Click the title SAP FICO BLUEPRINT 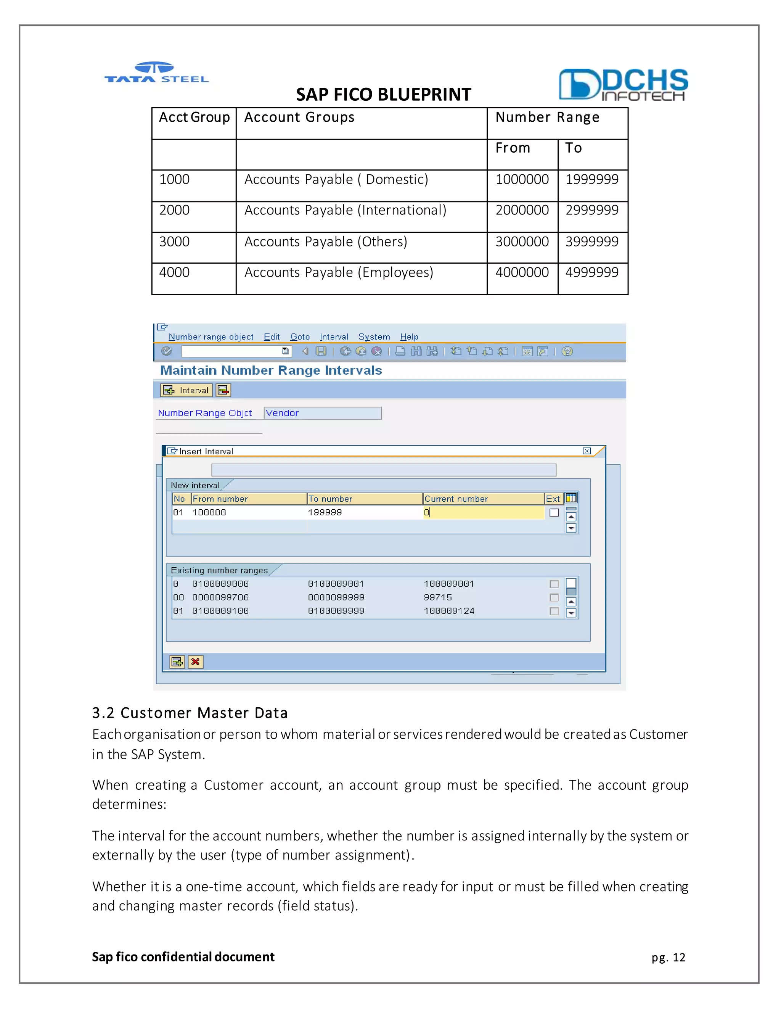click(x=383, y=95)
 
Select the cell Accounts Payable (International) click(x=345, y=210)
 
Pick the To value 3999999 click(x=591, y=241)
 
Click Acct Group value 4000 click(x=174, y=272)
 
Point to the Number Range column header click(x=547, y=118)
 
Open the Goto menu click(x=300, y=337)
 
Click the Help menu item click(x=409, y=337)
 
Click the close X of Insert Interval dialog click(x=586, y=451)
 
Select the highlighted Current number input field click(x=483, y=512)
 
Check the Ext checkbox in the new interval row click(x=554, y=512)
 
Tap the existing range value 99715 click(x=438, y=597)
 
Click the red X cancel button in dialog click(x=196, y=662)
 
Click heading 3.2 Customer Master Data click(x=190, y=713)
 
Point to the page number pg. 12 click(x=668, y=957)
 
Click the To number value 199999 click(x=325, y=512)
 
